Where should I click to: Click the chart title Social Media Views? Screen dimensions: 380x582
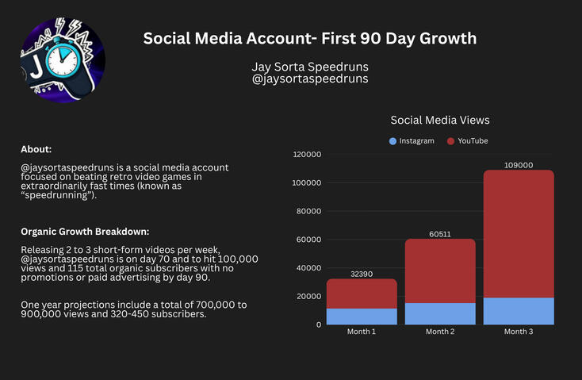coord(440,120)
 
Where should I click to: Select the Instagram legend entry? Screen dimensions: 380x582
coord(412,140)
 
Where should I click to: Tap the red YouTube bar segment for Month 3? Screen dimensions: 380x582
coord(519,234)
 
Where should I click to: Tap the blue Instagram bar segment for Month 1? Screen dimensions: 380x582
coord(362,317)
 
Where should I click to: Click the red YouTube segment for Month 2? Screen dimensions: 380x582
coord(440,271)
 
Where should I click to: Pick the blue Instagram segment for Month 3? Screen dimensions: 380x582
coord(519,311)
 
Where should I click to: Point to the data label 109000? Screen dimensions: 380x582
coord(519,165)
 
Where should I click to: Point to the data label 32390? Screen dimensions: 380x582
coord(362,273)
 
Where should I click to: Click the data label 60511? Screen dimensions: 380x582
coord(440,233)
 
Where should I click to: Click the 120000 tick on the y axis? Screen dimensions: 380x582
coord(306,155)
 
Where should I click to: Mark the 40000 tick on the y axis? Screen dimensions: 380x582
coord(308,268)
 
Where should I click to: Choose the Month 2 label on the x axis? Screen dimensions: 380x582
coord(440,332)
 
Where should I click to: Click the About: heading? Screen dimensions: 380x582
coord(36,149)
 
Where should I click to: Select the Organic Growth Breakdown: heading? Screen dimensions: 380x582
coord(85,232)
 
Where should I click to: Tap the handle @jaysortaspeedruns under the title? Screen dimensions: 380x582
coord(309,79)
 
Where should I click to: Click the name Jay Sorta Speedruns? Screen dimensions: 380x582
coord(309,67)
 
